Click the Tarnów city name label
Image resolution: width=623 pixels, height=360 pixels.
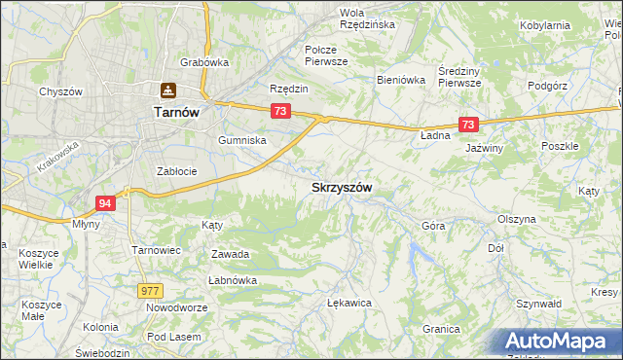click(176, 112)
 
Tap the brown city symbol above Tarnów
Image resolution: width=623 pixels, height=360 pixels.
click(168, 90)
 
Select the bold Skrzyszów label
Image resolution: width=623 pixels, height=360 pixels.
click(342, 187)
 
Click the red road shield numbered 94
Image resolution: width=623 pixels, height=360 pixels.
click(107, 202)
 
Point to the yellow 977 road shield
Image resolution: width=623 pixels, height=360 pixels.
click(150, 290)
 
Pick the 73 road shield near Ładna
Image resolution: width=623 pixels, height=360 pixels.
click(469, 125)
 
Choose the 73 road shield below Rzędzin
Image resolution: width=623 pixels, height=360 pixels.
click(280, 112)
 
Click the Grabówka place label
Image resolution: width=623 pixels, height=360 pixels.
click(204, 62)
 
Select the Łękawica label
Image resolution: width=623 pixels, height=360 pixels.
click(350, 303)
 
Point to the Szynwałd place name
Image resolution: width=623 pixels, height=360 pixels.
click(541, 304)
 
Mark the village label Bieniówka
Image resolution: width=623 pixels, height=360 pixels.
click(402, 81)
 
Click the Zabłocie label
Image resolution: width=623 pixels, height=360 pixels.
click(177, 171)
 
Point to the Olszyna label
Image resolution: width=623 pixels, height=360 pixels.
click(516, 220)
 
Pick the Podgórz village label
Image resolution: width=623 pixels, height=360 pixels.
click(547, 86)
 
